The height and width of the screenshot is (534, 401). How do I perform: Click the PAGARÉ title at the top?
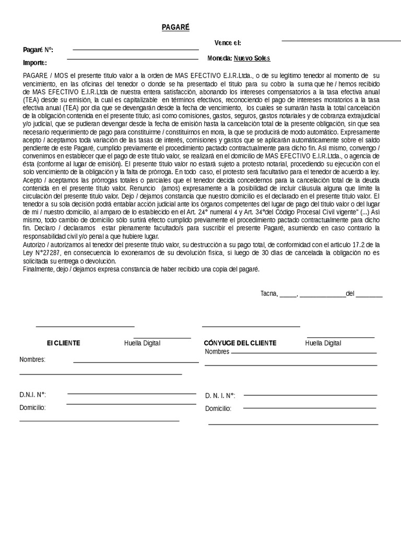[x=175, y=27]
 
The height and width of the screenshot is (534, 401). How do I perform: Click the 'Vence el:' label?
[x=228, y=43]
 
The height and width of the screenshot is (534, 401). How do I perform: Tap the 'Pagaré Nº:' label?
[x=38, y=50]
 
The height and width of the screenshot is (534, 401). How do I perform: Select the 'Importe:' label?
[x=35, y=63]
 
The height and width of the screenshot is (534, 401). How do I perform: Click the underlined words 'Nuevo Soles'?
[x=252, y=58]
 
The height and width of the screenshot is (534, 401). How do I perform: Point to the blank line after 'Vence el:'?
[x=341, y=40]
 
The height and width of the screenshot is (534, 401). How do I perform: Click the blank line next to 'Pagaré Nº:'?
[x=136, y=50]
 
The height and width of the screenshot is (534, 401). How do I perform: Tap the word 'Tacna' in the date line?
[x=269, y=294]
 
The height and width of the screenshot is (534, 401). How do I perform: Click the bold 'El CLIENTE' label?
[x=63, y=343]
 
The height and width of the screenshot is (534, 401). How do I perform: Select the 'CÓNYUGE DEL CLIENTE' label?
[x=240, y=343]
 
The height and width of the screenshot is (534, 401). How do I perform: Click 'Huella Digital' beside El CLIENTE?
[x=142, y=343]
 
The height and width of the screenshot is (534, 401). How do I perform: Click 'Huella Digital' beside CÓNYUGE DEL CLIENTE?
[x=323, y=343]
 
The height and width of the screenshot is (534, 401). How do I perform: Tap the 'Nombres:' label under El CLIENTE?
[x=32, y=360]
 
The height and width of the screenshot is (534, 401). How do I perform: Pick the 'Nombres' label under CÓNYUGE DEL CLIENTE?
[x=217, y=352]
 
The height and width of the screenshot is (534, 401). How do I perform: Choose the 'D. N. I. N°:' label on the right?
[x=220, y=396]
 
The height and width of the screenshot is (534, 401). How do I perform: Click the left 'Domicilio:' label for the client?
[x=32, y=407]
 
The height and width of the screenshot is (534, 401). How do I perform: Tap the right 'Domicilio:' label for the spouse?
[x=218, y=408]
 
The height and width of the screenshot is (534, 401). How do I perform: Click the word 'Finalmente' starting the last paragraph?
[x=38, y=269]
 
